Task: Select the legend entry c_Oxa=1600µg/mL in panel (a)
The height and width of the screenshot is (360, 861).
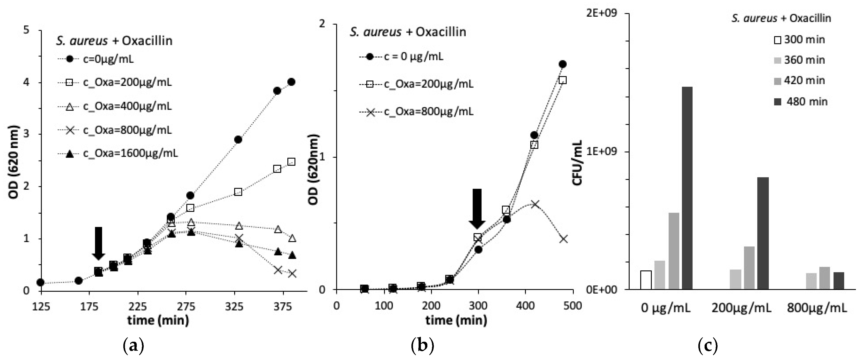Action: click(130, 153)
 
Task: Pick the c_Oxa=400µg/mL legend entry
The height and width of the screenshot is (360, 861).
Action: click(127, 106)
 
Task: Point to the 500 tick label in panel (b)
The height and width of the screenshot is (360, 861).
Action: click(572, 306)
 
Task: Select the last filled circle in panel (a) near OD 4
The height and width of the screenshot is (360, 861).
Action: click(291, 82)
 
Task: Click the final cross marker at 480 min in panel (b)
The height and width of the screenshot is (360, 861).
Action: click(563, 239)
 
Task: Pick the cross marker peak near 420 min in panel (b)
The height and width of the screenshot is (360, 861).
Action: click(535, 203)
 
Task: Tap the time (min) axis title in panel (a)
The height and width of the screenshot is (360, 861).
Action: click(158, 320)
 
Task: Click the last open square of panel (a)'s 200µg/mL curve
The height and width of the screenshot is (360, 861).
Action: click(291, 162)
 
